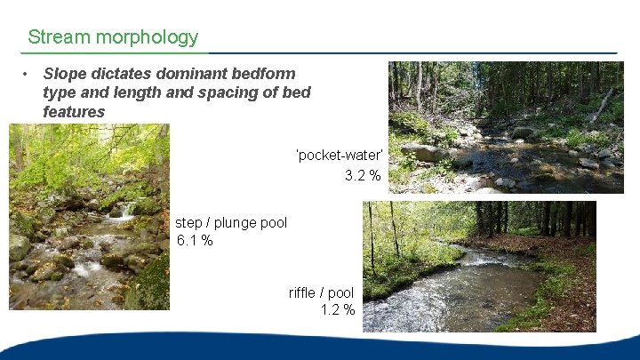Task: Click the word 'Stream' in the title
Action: [59, 37]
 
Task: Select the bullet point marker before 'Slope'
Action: [28, 74]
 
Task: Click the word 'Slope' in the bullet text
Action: [63, 74]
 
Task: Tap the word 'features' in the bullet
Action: [74, 112]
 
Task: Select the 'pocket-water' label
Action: [339, 156]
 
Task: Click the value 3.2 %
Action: [363, 175]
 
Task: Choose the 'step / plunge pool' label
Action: [231, 222]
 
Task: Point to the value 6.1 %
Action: [195, 241]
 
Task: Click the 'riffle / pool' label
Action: [321, 292]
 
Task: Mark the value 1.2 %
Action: [338, 310]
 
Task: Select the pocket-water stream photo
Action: [506, 126]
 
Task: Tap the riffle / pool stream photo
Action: [479, 266]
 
